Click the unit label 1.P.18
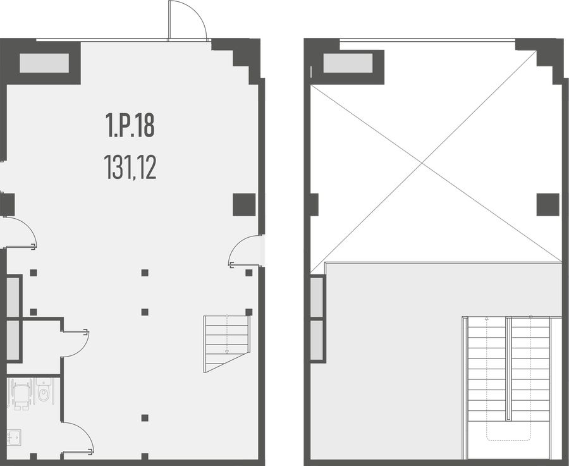click(130, 125)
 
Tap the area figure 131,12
click(130, 168)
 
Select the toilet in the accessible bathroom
click(44, 391)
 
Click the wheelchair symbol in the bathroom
click(21, 394)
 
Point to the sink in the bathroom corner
click(14, 438)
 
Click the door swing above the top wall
click(187, 20)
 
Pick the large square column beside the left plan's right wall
click(244, 205)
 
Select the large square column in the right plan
click(548, 205)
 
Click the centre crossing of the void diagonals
click(422, 163)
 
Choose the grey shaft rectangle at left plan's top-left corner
click(44, 63)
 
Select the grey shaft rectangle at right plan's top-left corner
click(348, 63)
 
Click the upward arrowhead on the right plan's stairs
click(487, 319)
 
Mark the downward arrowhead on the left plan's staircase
click(227, 352)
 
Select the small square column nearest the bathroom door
click(145, 418)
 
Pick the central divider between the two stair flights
click(509, 369)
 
